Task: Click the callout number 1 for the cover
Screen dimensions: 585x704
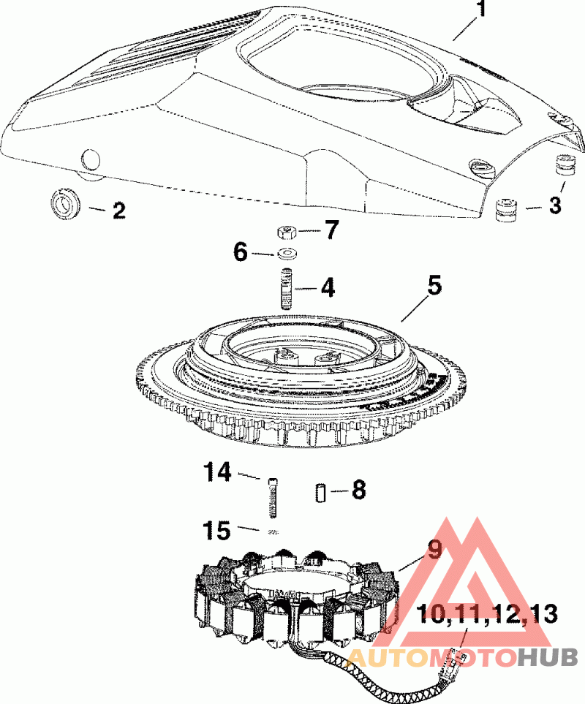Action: (x=481, y=9)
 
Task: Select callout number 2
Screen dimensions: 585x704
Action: (x=119, y=210)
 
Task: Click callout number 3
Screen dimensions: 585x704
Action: (x=555, y=205)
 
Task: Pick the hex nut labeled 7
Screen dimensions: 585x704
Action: (x=285, y=232)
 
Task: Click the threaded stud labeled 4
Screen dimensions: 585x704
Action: (x=287, y=288)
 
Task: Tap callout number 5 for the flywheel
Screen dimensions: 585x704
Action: (x=434, y=286)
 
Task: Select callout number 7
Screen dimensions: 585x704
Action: (x=331, y=230)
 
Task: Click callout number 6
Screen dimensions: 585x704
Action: (x=241, y=252)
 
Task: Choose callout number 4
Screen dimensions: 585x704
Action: (x=328, y=288)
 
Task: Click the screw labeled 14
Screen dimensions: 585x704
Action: (x=273, y=498)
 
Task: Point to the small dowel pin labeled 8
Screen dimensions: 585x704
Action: (x=320, y=493)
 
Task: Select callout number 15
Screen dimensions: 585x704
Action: (x=218, y=531)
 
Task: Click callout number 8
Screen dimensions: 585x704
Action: (x=359, y=490)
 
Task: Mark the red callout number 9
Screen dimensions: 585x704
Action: (x=434, y=550)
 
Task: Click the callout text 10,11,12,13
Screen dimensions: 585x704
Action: (x=488, y=614)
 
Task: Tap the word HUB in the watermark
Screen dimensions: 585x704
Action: (x=548, y=659)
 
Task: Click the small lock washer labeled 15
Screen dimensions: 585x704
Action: (x=273, y=532)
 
